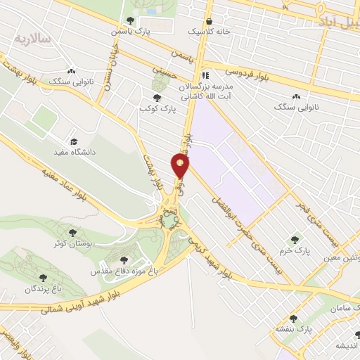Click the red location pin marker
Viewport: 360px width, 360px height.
(180, 165)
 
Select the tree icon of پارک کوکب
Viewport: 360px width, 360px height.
(156, 98)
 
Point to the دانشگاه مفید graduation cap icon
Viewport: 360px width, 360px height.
(73, 141)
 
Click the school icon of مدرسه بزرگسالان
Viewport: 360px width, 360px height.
(205, 75)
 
